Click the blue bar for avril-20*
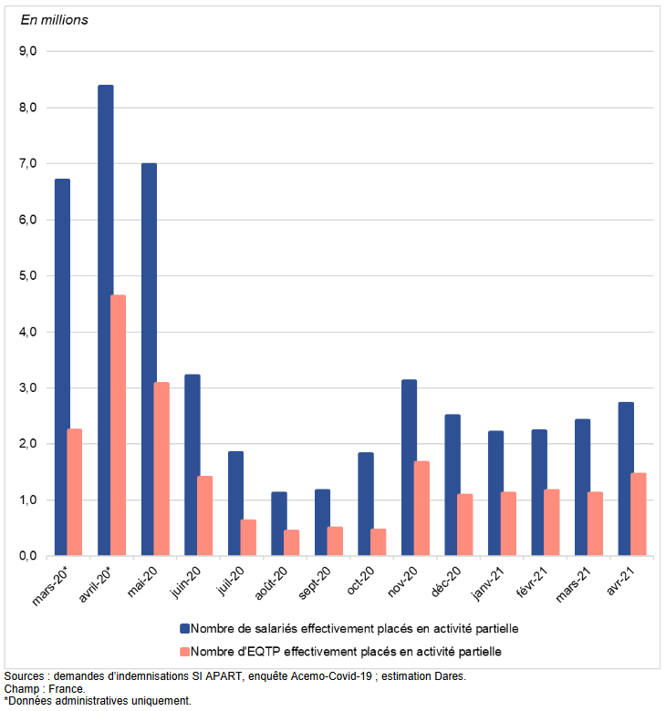tap(106, 320)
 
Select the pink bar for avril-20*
tap(119, 425)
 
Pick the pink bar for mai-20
tap(161, 469)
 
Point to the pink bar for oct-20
tap(379, 541)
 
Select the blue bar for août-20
tap(279, 523)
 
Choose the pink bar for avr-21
tap(639, 514)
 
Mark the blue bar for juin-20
tap(193, 465)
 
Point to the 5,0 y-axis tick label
tap(27, 276)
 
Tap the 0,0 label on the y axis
tap(27, 556)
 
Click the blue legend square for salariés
tap(184, 629)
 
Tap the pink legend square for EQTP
tap(184, 651)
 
